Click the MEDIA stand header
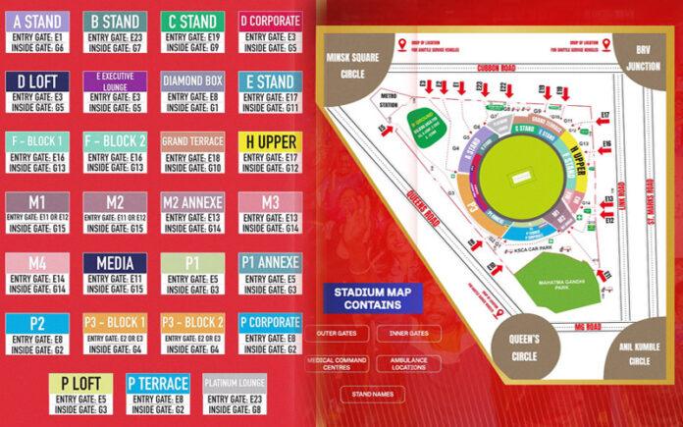click(x=115, y=263)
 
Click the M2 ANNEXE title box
click(x=192, y=202)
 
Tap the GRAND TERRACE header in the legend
click(x=192, y=141)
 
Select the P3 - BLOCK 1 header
click(x=115, y=323)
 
